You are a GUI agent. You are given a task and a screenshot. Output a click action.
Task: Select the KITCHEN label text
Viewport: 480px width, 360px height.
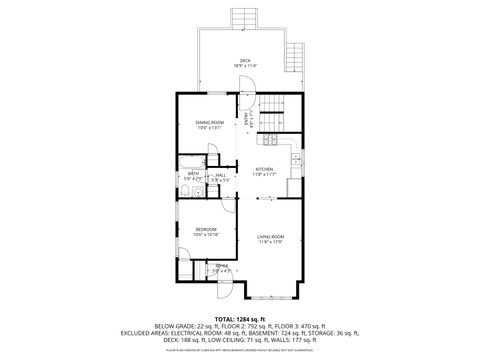click(264, 168)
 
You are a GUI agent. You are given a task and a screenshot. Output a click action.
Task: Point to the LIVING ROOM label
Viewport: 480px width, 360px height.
click(270, 235)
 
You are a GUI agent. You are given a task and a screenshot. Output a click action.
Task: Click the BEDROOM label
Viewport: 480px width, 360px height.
click(206, 229)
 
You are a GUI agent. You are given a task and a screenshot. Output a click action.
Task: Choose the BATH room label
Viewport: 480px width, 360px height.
click(193, 174)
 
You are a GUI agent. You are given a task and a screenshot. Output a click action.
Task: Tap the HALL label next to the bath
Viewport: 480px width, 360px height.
click(221, 174)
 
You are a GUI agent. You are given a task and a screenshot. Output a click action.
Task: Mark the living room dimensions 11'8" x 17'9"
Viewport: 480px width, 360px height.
click(270, 242)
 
